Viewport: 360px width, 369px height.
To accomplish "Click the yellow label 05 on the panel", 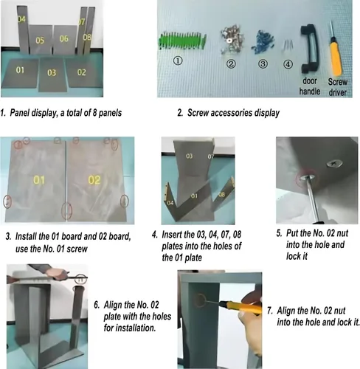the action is click(x=40, y=41).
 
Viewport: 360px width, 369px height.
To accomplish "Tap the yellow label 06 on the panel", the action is click(x=63, y=38).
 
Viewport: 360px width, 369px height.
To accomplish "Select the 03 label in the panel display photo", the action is click(x=52, y=72).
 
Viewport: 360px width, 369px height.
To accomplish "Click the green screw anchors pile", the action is click(x=183, y=41).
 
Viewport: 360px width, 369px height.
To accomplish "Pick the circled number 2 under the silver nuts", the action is click(x=231, y=64).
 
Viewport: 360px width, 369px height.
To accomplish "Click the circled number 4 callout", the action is click(x=288, y=64).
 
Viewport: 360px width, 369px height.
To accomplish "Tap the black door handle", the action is click(x=310, y=49).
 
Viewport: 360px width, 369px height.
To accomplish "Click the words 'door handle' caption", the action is click(x=310, y=86).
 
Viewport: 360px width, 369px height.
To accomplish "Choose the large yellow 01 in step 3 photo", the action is click(x=39, y=180).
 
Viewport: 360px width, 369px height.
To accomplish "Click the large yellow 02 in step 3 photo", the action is click(x=94, y=180).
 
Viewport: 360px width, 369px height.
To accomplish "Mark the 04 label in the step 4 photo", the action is click(x=170, y=203).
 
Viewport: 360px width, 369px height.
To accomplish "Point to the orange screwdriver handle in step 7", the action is click(x=240, y=307).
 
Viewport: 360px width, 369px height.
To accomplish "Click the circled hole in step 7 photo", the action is click(x=199, y=300).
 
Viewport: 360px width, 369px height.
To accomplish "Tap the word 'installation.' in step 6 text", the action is click(x=130, y=328).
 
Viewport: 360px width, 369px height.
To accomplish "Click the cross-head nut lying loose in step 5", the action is click(x=333, y=163).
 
